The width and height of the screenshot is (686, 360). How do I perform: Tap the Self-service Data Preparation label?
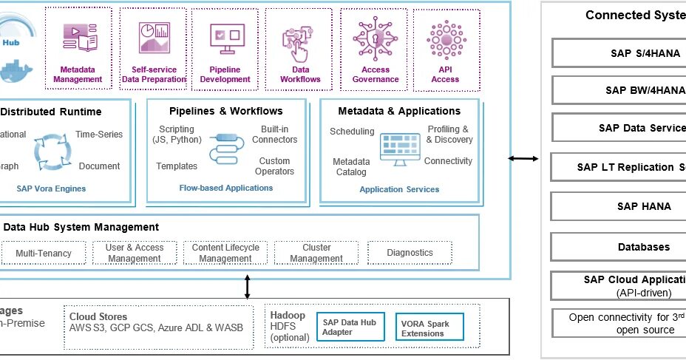pos(154,75)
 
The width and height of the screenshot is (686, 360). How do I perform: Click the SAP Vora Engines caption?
pos(51,189)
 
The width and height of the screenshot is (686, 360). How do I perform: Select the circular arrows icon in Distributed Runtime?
pos(51,152)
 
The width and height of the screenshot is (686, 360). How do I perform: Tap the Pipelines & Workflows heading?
pos(226,112)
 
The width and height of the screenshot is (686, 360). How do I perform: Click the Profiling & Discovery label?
pos(448,135)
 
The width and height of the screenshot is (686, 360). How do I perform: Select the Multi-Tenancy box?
pos(44,253)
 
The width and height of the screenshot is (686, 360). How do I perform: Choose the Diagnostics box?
pos(410,253)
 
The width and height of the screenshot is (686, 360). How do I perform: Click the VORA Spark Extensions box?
pos(430,327)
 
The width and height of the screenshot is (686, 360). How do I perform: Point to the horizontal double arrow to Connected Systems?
pos(523,158)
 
